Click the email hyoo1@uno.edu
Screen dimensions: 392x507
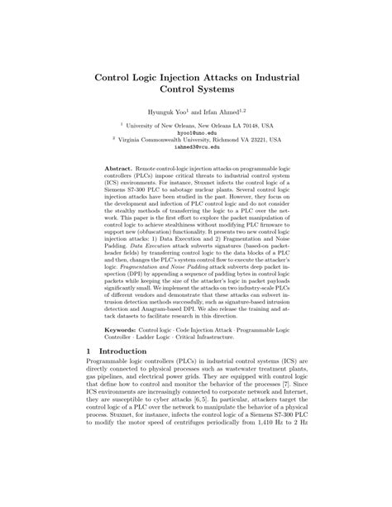pyautogui.click(x=195, y=131)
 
